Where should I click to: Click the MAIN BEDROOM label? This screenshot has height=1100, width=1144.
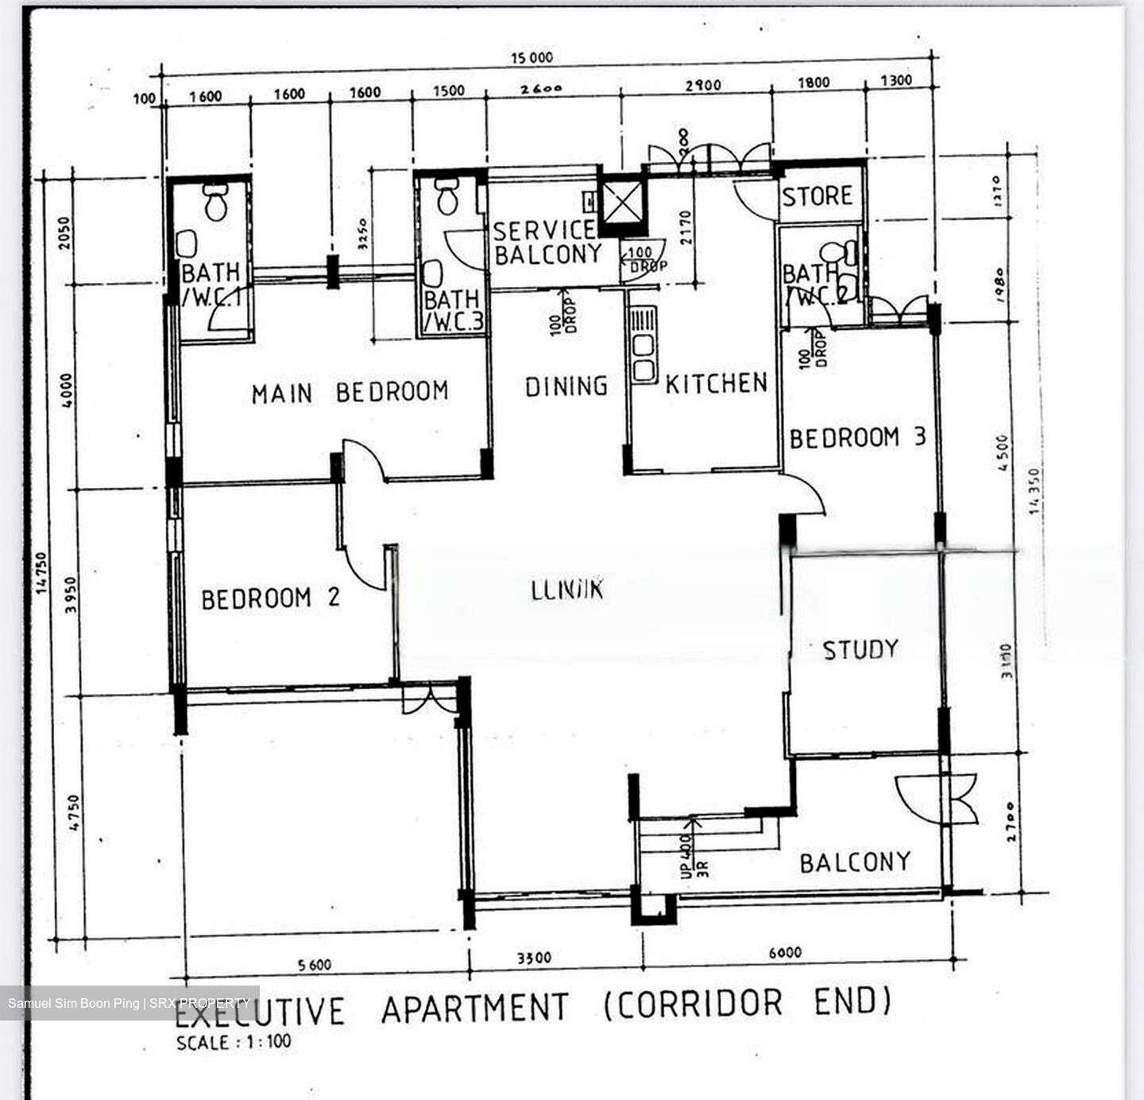point(350,393)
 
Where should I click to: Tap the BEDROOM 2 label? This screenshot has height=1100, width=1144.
point(270,598)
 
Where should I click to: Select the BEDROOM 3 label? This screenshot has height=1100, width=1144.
point(857,438)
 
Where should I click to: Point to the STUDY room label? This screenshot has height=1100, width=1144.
point(860,650)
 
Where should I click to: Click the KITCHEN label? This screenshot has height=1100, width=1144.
point(717,384)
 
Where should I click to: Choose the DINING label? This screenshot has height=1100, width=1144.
point(566,386)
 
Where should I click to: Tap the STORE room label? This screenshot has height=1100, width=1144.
point(817,196)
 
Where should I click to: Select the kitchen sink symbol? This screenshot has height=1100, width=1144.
point(642,346)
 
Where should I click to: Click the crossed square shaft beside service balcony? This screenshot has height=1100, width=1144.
point(621,202)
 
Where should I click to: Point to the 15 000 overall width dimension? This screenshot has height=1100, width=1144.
point(532,57)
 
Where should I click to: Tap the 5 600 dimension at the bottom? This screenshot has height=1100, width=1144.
point(315,965)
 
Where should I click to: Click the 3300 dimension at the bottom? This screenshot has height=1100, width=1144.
point(534,959)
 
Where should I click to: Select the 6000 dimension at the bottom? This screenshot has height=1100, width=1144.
point(785,952)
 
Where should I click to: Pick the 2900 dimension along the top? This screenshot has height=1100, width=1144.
point(702,85)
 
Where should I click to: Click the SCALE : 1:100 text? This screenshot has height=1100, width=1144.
point(234,1042)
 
